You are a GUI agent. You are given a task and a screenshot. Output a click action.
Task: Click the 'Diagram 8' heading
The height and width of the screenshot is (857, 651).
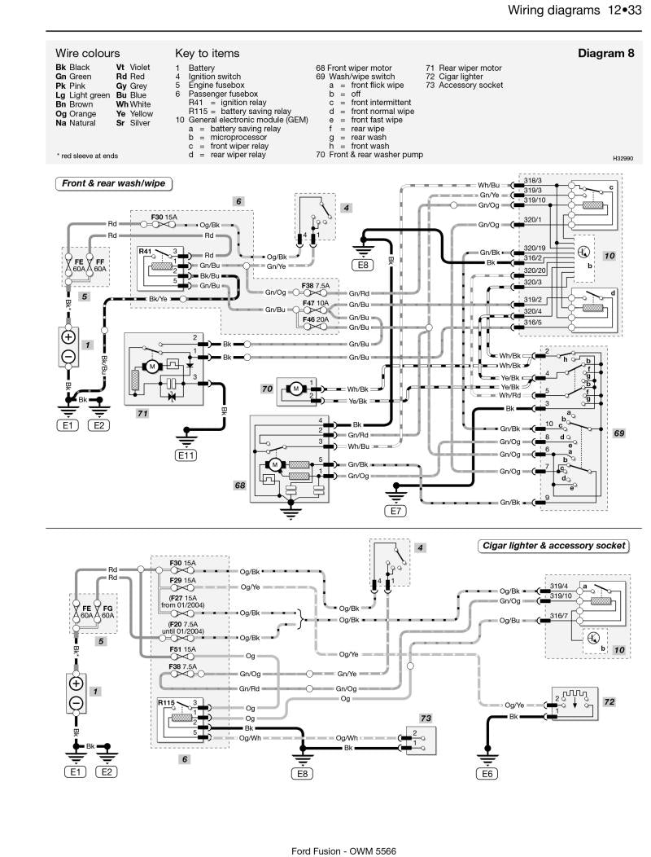point(605,53)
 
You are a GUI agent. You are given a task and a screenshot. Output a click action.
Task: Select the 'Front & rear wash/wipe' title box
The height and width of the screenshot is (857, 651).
point(113,183)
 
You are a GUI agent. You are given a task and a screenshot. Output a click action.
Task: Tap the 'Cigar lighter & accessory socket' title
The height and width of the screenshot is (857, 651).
point(553,546)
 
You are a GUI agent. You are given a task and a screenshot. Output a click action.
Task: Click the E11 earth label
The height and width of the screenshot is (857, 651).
point(186,456)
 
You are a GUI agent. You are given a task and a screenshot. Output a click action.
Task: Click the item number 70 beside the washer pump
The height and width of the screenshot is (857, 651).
point(267,389)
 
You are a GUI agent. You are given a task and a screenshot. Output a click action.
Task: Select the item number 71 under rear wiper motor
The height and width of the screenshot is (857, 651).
point(142,414)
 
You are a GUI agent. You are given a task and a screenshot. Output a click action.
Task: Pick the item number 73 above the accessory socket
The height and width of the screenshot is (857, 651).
point(426,719)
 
